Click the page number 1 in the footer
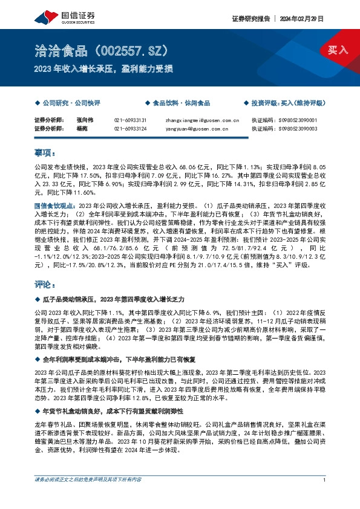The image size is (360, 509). click(325, 496)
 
